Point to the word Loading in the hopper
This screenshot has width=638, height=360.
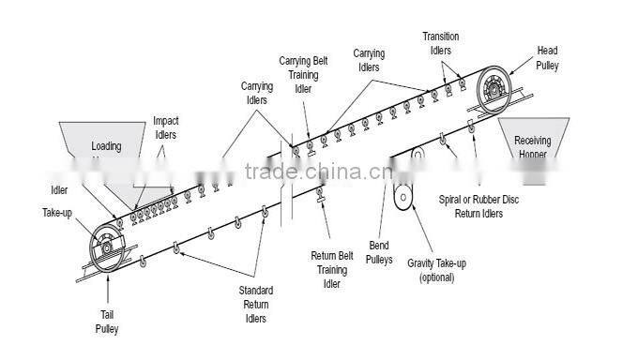click(x=106, y=146)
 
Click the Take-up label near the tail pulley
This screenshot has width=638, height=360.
click(x=58, y=213)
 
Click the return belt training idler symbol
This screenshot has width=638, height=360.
click(x=321, y=194)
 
